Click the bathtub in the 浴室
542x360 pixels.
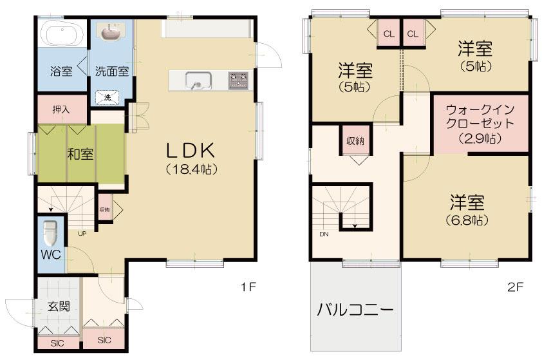[x=62, y=34]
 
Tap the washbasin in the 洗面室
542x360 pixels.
[x=111, y=32]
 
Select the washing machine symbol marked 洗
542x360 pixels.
[x=107, y=97]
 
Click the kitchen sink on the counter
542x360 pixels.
[x=198, y=81]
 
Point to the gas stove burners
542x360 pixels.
[x=239, y=81]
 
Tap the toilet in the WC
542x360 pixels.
[x=51, y=232]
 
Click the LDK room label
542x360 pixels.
[x=191, y=150]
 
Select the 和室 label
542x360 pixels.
[x=80, y=154]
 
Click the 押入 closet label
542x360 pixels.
[x=61, y=109]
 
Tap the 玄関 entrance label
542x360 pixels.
[x=59, y=306]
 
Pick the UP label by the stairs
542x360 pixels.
[x=82, y=233]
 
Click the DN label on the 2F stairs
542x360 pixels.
[x=324, y=234]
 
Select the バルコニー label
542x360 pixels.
[x=355, y=310]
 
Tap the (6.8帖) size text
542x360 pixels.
[x=467, y=220]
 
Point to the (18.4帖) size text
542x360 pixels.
[x=191, y=169]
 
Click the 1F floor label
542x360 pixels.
[x=248, y=287]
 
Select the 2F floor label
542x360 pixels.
[x=516, y=287]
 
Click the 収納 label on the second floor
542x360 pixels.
[x=355, y=141]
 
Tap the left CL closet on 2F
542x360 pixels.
[x=389, y=34]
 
